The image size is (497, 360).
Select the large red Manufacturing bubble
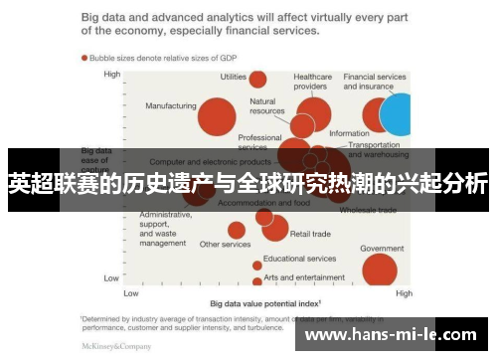(216, 116)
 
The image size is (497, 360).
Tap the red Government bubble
(379, 269)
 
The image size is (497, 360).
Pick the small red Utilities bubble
(257, 80)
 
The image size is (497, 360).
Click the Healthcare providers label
(312, 81)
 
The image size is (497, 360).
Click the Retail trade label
(309, 234)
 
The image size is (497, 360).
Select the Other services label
(225, 244)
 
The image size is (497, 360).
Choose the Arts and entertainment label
(304, 277)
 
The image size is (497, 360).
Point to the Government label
(381, 248)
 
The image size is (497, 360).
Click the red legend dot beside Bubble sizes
(84, 57)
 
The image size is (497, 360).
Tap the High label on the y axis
(111, 74)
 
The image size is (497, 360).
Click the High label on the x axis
(404, 294)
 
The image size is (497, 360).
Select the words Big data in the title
(103, 17)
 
